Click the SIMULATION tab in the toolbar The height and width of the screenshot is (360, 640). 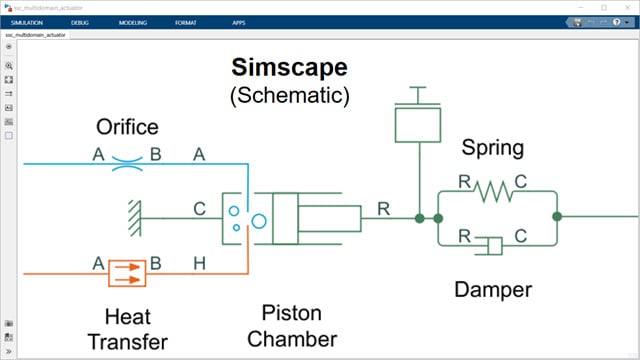(x=28, y=21)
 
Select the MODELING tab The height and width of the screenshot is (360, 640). (x=132, y=21)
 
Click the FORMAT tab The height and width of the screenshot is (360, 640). (x=187, y=21)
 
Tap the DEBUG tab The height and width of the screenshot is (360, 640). (x=80, y=21)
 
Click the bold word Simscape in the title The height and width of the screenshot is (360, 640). (x=289, y=69)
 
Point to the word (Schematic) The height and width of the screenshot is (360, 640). (x=289, y=96)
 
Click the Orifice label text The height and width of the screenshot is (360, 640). (x=127, y=128)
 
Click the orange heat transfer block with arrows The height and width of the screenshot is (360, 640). (x=127, y=272)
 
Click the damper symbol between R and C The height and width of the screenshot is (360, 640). (x=492, y=244)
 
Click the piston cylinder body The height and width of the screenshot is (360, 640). (x=316, y=217)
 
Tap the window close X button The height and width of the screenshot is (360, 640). (x=624, y=7)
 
